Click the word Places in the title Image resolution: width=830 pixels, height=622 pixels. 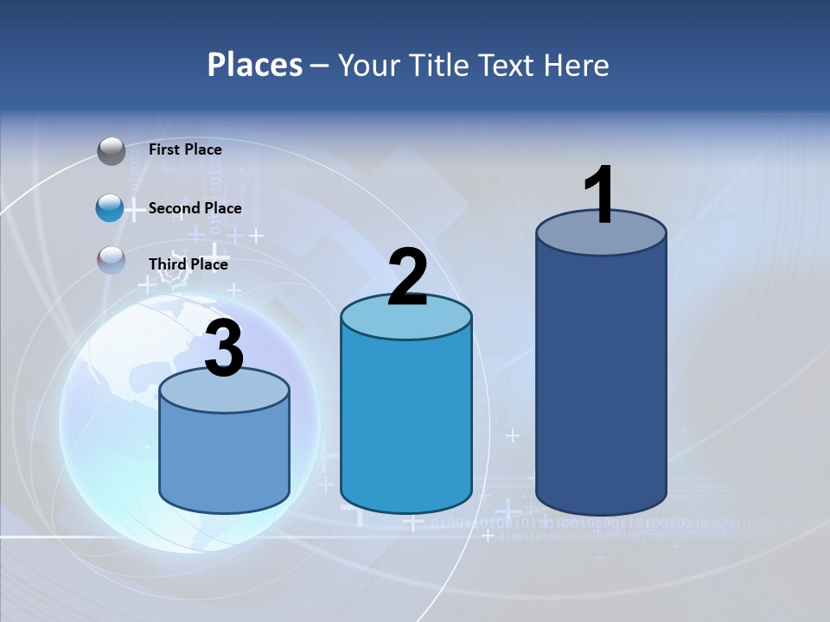[255, 65]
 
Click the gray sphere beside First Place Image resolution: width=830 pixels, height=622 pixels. [112, 151]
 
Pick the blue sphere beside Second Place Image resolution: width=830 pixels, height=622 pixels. [111, 208]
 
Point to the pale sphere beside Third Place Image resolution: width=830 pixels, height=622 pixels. [112, 261]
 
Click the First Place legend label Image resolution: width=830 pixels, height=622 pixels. [185, 149]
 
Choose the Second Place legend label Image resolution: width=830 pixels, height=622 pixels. [195, 208]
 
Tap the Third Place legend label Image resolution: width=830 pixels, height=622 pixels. [188, 264]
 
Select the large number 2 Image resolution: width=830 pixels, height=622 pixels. [407, 276]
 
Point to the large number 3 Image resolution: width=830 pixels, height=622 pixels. [224, 350]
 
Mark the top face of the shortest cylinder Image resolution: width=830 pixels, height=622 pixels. [224, 391]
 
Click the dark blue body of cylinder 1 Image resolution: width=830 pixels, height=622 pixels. [601, 380]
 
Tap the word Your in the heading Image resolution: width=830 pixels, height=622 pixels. [365, 65]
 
